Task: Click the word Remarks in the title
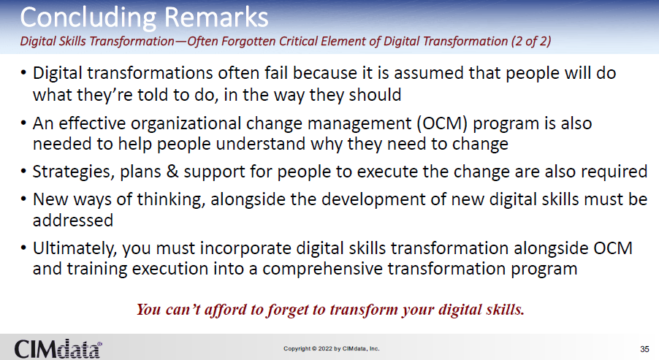tap(216, 18)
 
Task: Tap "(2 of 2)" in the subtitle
tap(531, 41)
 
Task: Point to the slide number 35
tap(644, 349)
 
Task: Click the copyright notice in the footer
tap(331, 348)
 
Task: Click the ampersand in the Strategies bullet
tap(172, 172)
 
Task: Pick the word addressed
tap(73, 221)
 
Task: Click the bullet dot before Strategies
tap(23, 172)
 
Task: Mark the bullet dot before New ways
tap(23, 200)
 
